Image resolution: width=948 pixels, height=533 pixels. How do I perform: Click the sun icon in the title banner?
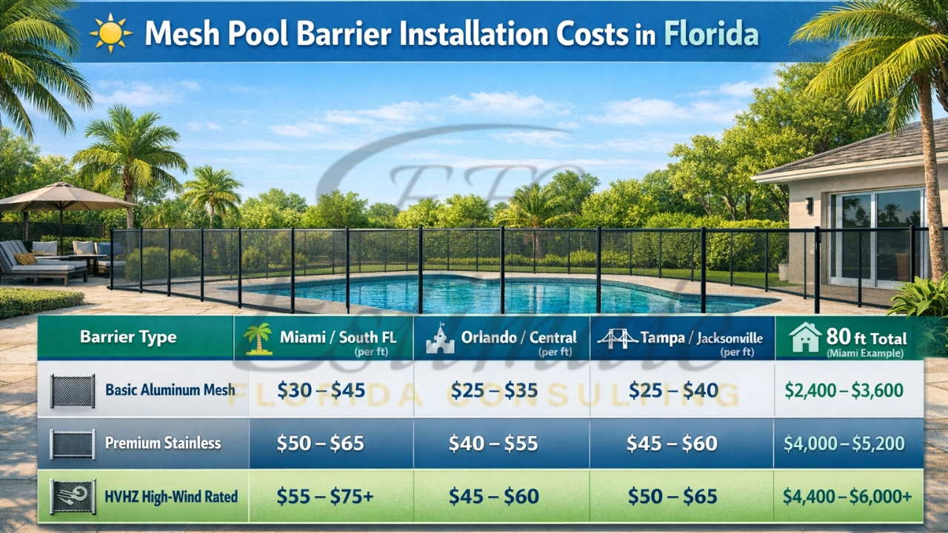[x=110, y=34]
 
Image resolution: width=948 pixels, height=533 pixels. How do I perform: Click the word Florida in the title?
[x=711, y=34]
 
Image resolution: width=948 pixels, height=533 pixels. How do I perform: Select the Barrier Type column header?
[x=128, y=338]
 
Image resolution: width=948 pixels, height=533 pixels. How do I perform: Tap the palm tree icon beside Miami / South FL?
[x=258, y=338]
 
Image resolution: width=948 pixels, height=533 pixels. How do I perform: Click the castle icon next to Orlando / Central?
[x=440, y=339]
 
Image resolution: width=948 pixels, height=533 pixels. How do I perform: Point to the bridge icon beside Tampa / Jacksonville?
[x=618, y=339]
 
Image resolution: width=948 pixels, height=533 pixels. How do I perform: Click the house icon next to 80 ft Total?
[x=805, y=338]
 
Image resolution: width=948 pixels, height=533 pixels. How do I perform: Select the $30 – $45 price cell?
[x=321, y=391]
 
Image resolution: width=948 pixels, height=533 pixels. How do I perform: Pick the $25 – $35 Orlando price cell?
[x=494, y=391]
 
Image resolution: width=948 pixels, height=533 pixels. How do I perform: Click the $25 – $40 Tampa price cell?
[x=673, y=391]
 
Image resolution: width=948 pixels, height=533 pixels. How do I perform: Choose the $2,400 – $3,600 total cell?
[x=844, y=391]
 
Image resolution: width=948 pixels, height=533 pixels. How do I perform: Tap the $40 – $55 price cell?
[x=493, y=443]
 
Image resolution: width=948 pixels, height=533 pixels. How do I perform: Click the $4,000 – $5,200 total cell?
[x=844, y=443]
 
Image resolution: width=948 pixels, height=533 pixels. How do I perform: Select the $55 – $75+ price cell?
[x=324, y=497]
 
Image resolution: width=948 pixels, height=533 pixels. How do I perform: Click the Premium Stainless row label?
[x=163, y=443]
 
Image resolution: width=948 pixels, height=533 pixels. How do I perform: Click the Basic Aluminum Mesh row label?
[x=170, y=390]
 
